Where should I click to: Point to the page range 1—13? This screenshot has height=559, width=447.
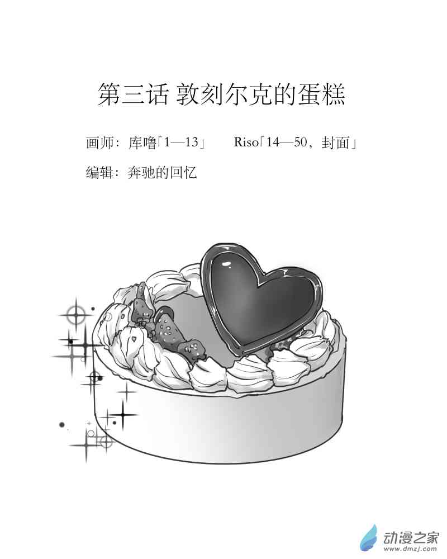coord(182,143)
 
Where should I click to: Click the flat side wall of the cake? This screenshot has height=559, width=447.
coord(223,425)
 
